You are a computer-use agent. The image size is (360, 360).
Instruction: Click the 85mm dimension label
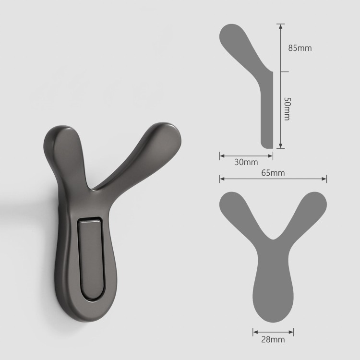300,48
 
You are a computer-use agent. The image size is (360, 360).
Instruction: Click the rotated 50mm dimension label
287,109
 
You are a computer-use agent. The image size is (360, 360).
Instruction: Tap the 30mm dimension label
246,162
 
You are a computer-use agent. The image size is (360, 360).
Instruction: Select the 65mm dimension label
273,173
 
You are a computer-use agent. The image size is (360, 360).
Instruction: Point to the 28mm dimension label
273,339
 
